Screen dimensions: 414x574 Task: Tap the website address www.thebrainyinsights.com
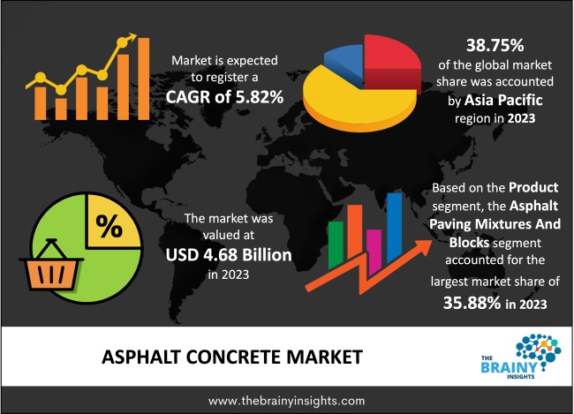coord(287,399)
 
